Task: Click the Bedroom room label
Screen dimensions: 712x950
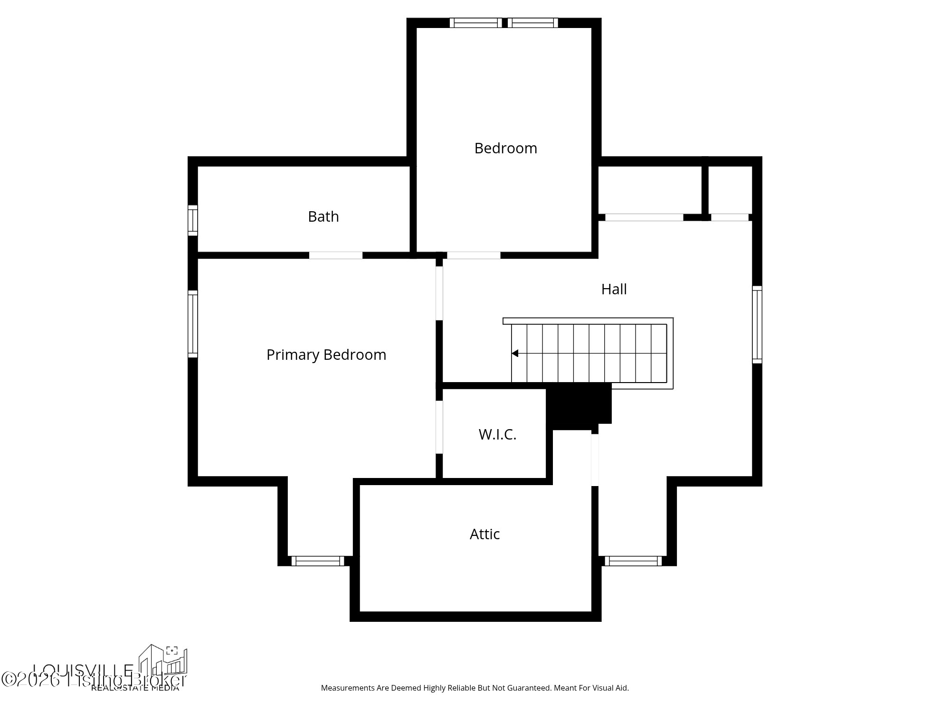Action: [505, 148]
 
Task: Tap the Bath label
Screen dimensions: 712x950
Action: [323, 216]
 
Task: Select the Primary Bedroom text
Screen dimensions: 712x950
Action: [326, 355]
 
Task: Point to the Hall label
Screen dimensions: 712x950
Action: [614, 289]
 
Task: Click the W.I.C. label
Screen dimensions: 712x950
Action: [497, 434]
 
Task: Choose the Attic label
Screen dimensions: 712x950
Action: [484, 534]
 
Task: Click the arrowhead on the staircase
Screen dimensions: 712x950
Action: [515, 353]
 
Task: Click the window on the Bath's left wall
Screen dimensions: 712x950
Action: [192, 220]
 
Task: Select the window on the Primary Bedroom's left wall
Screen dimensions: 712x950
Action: [192, 324]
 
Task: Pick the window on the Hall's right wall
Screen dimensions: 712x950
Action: [757, 324]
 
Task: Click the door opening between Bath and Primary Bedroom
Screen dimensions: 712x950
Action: [336, 255]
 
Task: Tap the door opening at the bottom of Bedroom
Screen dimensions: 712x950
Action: [474, 255]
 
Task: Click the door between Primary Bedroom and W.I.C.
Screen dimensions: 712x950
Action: [439, 427]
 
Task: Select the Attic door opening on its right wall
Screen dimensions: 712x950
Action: [595, 459]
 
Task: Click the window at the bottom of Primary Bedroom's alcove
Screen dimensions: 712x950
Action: [317, 561]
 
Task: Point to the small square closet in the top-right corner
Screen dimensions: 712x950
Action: [730, 190]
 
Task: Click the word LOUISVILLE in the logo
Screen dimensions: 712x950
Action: [83, 670]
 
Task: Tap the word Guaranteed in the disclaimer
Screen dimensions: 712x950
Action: [532, 688]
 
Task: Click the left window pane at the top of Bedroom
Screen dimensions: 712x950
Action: [475, 23]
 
